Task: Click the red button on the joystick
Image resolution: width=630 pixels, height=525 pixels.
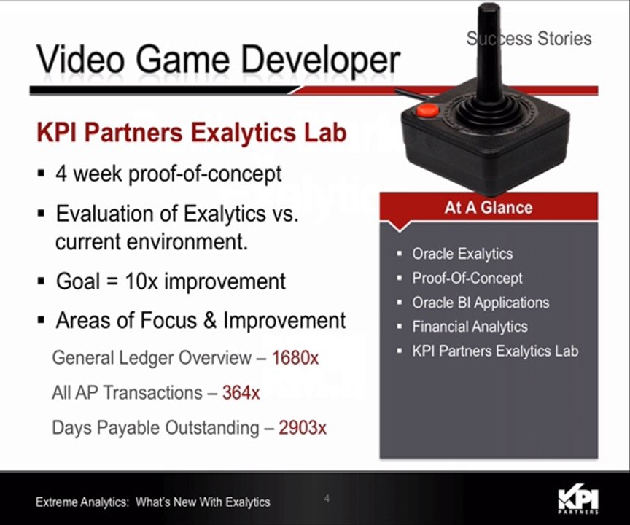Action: (427, 110)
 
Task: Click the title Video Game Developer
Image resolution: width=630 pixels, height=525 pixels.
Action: (218, 60)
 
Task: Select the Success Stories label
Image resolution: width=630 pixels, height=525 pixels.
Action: (529, 38)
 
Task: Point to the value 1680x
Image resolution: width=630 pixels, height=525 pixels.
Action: (295, 358)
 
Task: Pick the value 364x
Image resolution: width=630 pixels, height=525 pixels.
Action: (241, 392)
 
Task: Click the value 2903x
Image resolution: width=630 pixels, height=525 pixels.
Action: (302, 427)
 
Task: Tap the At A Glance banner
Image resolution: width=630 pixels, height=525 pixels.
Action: (489, 207)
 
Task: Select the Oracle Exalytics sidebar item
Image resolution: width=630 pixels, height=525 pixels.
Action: (462, 254)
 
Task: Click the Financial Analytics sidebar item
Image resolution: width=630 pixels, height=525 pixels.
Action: (470, 327)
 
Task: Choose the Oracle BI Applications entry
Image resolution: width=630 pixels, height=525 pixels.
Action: (481, 303)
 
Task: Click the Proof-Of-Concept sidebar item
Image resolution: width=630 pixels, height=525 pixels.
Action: (467, 278)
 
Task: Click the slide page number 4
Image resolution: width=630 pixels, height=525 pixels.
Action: (327, 499)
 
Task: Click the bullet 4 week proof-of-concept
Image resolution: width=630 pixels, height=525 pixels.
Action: (168, 175)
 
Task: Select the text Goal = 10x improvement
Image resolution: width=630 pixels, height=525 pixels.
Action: (171, 281)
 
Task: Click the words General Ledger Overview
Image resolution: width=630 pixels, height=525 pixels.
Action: (151, 358)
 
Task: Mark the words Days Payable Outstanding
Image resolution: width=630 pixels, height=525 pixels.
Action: (155, 427)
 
